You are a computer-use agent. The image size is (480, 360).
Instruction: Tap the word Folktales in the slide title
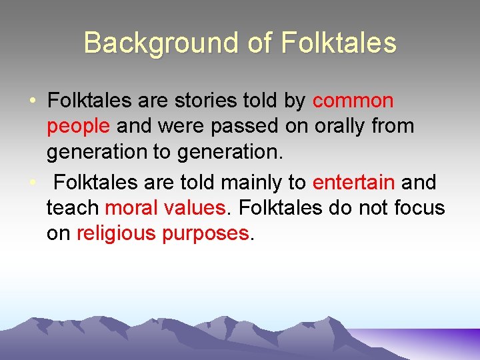click(339, 43)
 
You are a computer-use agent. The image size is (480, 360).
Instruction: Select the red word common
click(353, 101)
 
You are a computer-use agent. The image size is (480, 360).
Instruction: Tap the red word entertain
click(354, 182)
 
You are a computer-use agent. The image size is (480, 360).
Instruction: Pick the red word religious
click(117, 233)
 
